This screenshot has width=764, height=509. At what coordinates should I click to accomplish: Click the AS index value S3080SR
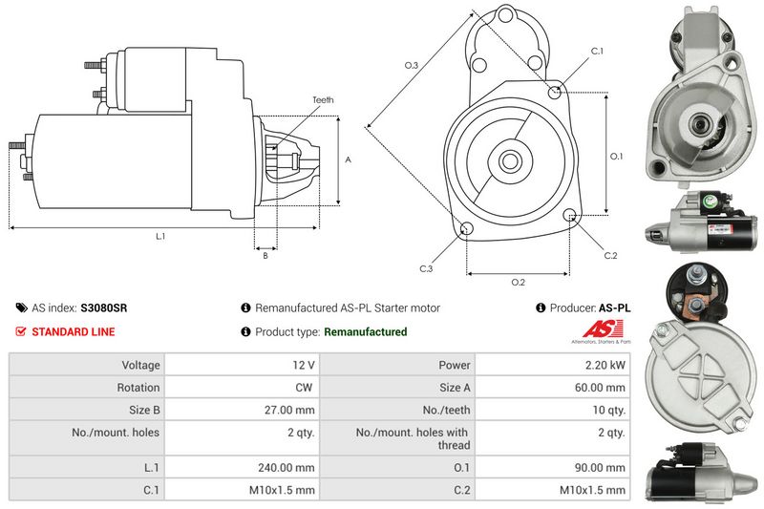point(104,308)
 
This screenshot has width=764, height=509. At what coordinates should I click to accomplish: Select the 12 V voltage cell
point(304,365)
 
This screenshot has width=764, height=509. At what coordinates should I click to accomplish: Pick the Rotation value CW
point(305,388)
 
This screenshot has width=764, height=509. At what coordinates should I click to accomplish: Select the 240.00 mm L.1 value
point(289,468)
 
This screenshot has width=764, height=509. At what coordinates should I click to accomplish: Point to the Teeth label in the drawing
point(323,100)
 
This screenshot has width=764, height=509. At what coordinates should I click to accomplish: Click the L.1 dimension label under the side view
point(160,236)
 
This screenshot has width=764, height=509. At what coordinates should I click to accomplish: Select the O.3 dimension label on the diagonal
point(412,65)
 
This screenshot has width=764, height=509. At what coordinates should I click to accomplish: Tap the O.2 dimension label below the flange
point(518,282)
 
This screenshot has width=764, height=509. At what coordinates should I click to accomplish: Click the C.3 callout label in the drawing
point(426,268)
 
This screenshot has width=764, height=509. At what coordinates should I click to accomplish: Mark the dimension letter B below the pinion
point(265,255)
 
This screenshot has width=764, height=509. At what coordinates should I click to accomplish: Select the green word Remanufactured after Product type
point(366,332)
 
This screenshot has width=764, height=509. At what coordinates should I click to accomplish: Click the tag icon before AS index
point(21,308)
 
